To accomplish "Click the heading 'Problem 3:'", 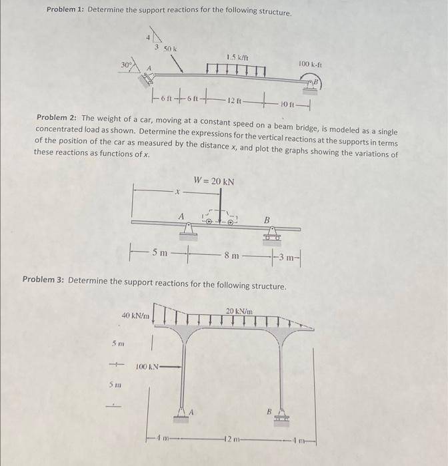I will point(44,279).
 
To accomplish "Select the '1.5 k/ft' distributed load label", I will point(238,57).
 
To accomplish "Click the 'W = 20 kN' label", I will point(213,181).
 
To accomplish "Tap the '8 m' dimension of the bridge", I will point(231,254).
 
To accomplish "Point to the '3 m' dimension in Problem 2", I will point(289,257).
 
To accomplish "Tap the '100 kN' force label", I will point(147,367).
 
